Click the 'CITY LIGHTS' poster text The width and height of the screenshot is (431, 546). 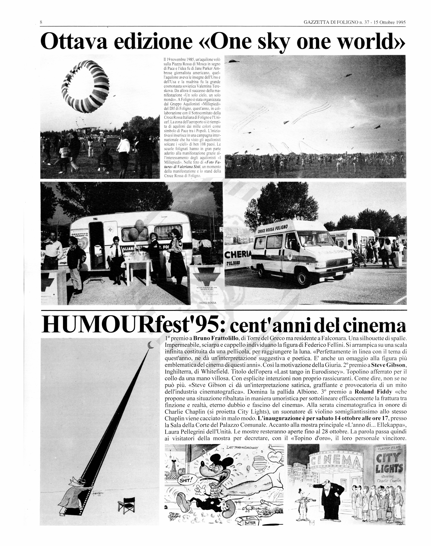click(x=389, y=463)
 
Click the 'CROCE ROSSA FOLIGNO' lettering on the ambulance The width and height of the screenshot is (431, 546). click(x=273, y=228)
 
